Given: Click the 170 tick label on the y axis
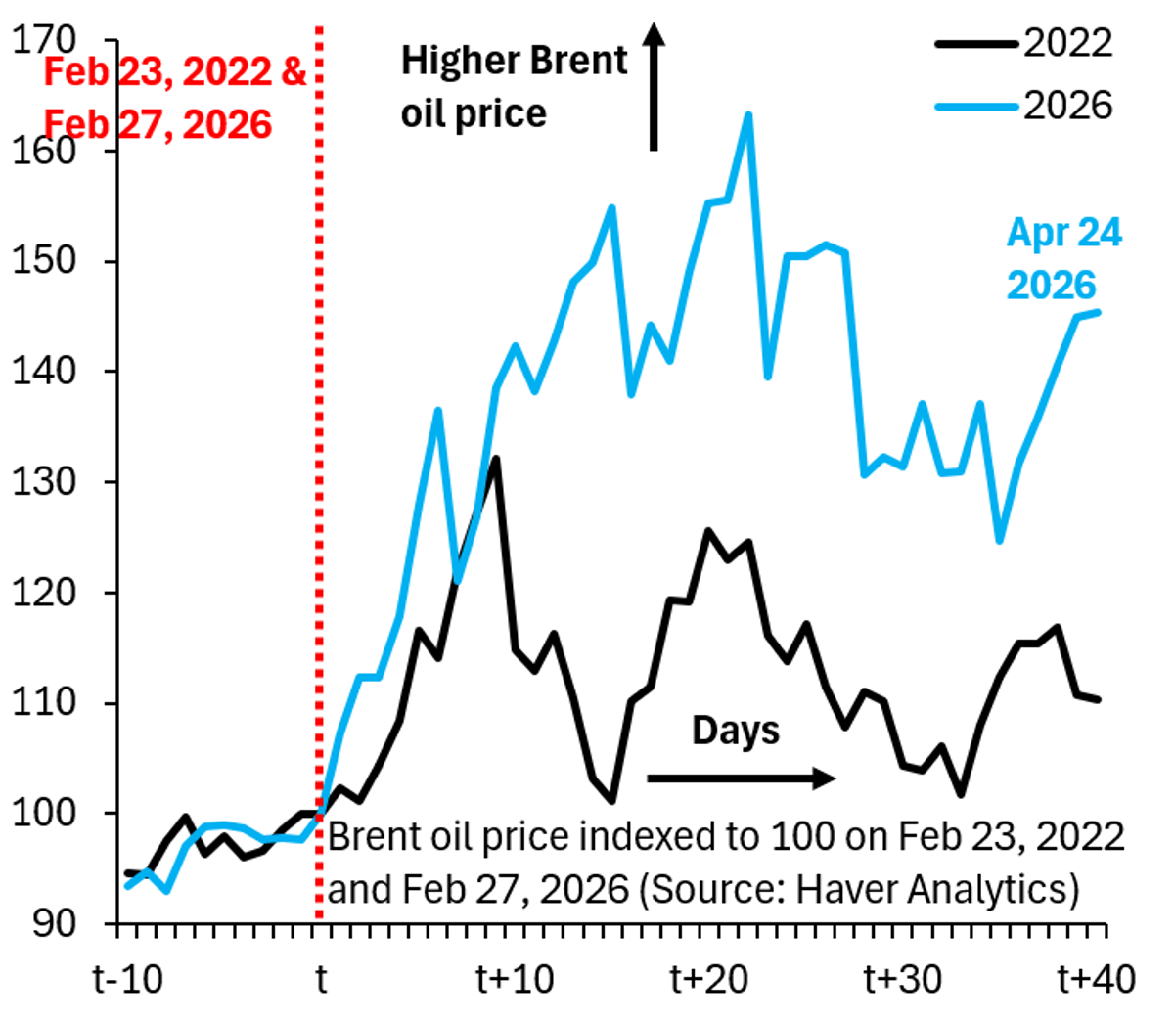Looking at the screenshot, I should [x=44, y=40].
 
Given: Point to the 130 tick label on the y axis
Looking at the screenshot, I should [x=44, y=482].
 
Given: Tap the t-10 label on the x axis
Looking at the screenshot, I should [x=128, y=978].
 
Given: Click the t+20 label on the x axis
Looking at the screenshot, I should [x=709, y=978].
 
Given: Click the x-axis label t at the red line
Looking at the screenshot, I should [x=320, y=978].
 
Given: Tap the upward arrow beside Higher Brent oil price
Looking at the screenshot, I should [x=654, y=88].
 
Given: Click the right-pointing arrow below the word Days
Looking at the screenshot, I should [x=741, y=778].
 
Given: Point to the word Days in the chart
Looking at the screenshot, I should [x=736, y=731].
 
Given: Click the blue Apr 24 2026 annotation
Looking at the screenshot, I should [x=1064, y=259].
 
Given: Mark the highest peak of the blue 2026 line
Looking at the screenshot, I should [x=748, y=114].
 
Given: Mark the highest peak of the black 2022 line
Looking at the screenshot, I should [x=496, y=458].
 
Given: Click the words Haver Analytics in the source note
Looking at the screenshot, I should [x=936, y=889].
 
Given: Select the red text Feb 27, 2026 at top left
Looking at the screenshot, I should [x=158, y=125].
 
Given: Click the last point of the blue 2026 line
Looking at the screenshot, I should [x=1099, y=312].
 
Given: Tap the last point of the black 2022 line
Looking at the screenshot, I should [x=1099, y=699].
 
